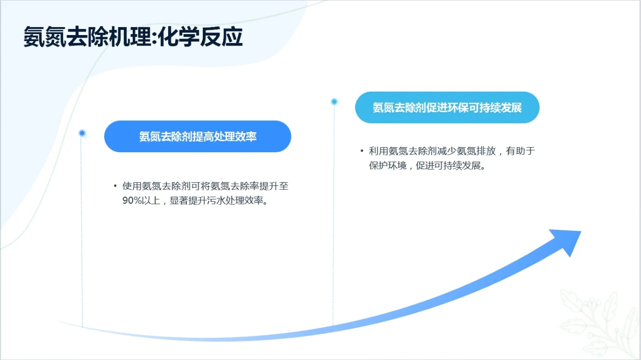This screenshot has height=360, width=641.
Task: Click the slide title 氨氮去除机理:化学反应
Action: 133,38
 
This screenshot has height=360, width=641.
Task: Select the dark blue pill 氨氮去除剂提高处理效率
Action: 197,136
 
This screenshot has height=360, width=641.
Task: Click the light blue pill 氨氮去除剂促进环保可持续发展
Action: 447,108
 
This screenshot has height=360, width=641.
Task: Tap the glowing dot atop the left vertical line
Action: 82,133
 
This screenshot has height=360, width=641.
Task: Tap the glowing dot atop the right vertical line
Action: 334,102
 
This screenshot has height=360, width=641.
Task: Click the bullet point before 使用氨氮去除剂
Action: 115,186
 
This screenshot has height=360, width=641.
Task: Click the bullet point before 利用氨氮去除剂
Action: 362,151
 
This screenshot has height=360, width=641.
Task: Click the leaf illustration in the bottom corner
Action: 598,320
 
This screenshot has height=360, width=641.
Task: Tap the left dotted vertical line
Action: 82,230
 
